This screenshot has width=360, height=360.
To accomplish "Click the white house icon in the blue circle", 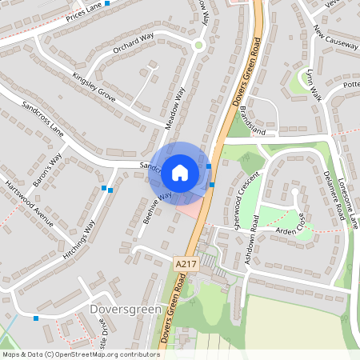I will click(x=180, y=171).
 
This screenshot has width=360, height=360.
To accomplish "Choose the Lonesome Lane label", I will click(x=348, y=203).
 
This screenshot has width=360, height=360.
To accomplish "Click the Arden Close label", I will click(x=290, y=229).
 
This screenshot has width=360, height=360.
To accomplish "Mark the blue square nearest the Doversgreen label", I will click(x=36, y=318).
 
